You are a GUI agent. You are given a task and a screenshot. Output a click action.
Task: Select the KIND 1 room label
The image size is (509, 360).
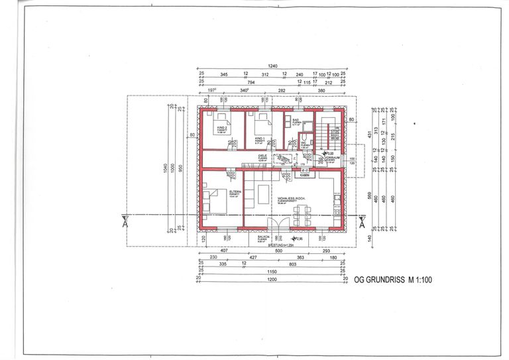pyautogui.click(x=259, y=139)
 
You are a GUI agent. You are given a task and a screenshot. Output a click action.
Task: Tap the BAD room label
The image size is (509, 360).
pyautogui.click(x=296, y=121)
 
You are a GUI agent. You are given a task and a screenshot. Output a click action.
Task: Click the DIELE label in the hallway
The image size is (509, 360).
pyautogui.click(x=262, y=156)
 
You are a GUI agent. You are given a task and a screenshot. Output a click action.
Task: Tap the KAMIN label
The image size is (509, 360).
pyautogui.click(x=304, y=176)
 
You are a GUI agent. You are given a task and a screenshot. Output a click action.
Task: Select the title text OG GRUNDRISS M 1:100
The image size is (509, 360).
pyautogui.click(x=393, y=280)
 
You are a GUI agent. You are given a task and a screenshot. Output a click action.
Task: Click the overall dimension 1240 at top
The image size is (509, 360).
pyautogui.click(x=272, y=66)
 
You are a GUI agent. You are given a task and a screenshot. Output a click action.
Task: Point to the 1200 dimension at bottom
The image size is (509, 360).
pyautogui.click(x=272, y=279)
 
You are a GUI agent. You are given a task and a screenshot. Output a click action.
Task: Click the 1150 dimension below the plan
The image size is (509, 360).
pyautogui.click(x=272, y=271)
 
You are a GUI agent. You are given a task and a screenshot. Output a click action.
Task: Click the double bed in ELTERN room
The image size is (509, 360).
pyautogui.click(x=215, y=202)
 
